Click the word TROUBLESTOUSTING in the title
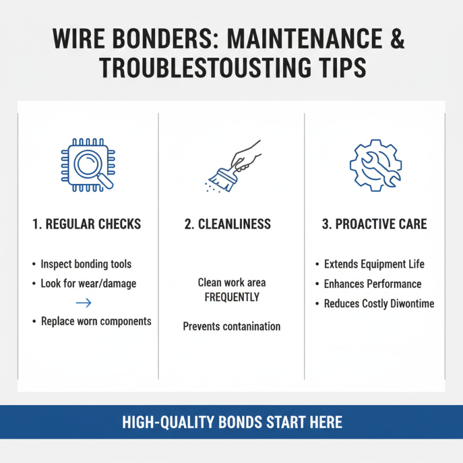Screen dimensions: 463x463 click(x=197, y=68)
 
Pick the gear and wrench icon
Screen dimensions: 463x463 click(x=374, y=165)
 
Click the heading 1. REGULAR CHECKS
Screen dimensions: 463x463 click(x=87, y=224)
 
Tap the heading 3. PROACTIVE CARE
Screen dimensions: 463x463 click(x=374, y=224)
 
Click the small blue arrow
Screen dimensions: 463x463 click(x=83, y=303)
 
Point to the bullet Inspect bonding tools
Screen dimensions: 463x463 click(x=86, y=264)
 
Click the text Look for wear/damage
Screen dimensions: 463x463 click(x=88, y=284)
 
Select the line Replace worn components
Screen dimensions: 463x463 click(x=96, y=321)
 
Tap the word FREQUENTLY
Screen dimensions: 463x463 click(x=231, y=297)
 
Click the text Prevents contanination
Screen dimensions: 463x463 click(x=231, y=326)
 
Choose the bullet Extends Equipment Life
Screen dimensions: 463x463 click(x=374, y=264)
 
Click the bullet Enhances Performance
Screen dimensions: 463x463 click(x=372, y=284)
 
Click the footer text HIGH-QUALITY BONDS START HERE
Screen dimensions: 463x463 click(x=231, y=422)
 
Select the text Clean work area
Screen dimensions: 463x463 click(x=231, y=283)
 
